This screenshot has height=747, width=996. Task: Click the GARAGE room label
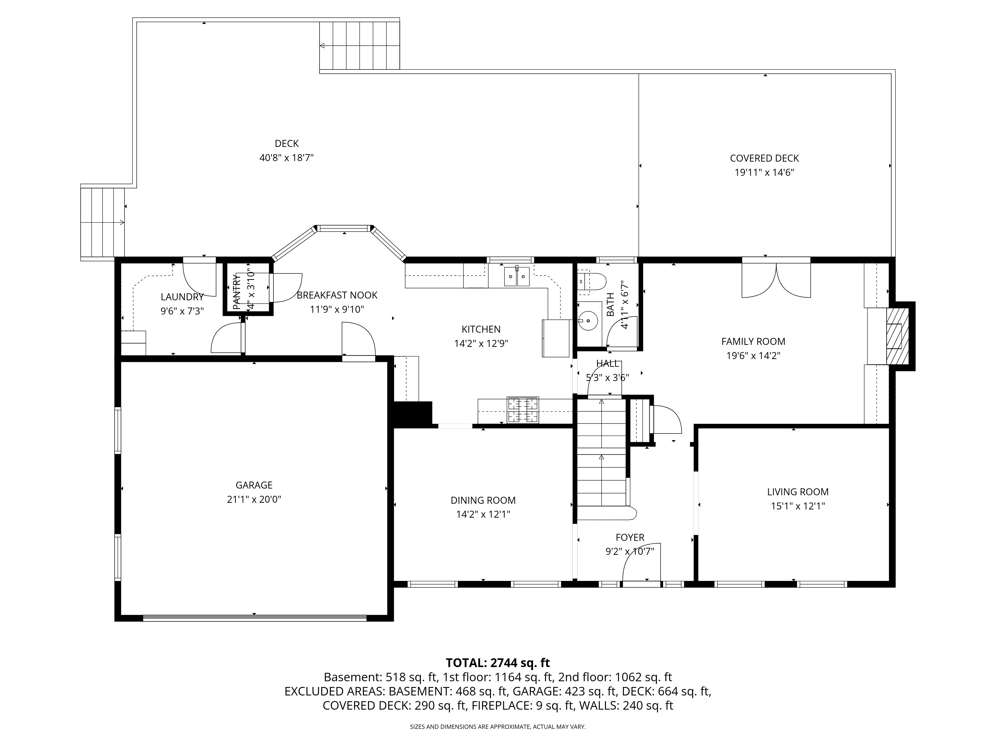pos(254,485)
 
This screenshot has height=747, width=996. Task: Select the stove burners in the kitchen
pos(523,410)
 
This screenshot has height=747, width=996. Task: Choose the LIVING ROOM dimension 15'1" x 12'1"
pos(798,506)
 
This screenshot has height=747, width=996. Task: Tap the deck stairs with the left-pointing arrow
pos(359,46)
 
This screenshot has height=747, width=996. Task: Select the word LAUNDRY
pos(182,297)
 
